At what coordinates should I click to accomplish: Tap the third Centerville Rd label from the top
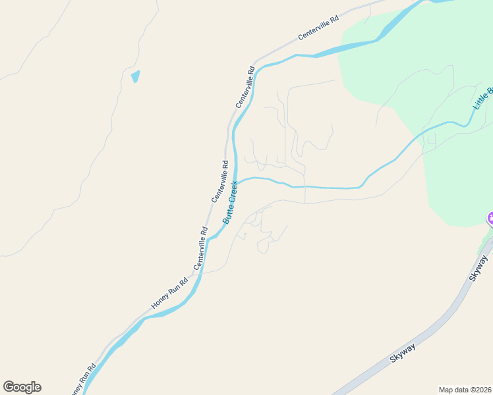pyautogui.click(x=219, y=181)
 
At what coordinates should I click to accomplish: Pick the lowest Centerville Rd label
pyautogui.click(x=200, y=248)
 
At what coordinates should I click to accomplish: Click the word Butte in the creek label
pyautogui.click(x=226, y=213)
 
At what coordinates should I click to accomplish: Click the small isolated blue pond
pyautogui.click(x=135, y=76)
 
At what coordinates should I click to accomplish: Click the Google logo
pyautogui.click(x=22, y=387)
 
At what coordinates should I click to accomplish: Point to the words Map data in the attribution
pyautogui.click(x=453, y=390)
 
